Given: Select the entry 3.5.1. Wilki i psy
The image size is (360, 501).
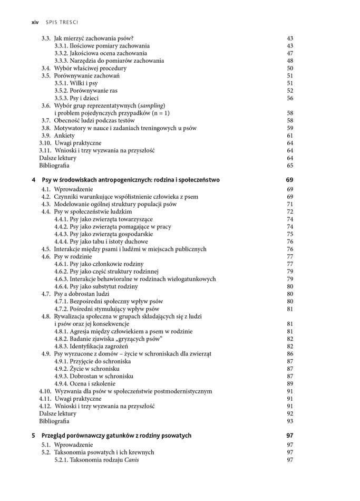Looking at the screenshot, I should point(76,83).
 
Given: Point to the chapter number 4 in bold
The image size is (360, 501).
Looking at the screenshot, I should point(34,180).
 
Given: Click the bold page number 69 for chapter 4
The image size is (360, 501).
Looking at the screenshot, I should point(289,180).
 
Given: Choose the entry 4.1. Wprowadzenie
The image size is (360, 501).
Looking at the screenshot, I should point(67,189).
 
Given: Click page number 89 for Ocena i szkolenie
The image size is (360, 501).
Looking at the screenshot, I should point(290,384).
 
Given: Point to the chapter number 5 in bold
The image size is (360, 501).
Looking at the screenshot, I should point(34,436).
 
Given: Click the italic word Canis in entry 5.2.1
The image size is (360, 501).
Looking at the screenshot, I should point(131,460).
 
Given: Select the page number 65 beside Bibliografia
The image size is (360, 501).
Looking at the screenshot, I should point(290,166).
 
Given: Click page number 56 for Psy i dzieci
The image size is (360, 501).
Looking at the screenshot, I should point(290,98).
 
